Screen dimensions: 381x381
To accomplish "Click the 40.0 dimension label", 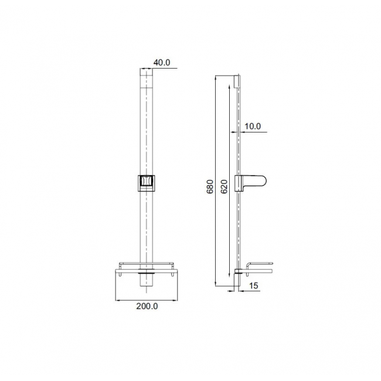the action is [162, 63].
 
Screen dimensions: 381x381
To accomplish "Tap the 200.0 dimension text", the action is [147, 306].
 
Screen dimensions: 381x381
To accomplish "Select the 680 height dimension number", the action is [210, 186].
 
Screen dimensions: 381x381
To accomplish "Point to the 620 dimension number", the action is [224, 186].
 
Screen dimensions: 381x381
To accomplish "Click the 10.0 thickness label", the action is [253, 126].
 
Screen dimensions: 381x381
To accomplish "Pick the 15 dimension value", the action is [253, 285].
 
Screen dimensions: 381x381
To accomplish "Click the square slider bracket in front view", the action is [147, 183].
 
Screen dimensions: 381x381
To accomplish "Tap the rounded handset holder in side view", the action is [250, 183].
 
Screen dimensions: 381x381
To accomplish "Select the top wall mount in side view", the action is [237, 81].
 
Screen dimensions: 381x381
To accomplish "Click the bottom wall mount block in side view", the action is [237, 280].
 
